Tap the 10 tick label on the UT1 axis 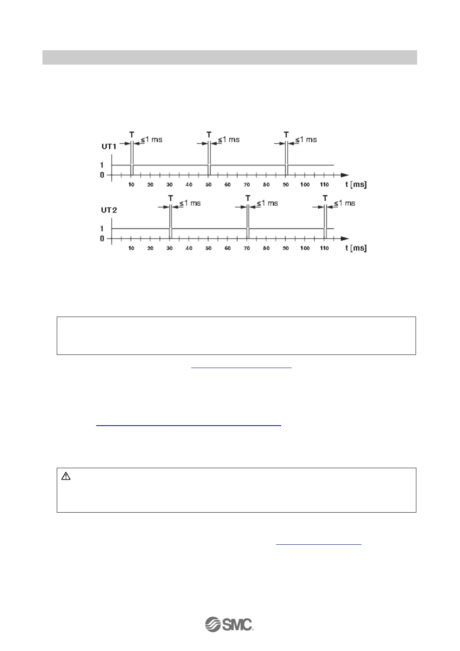pos(131,185)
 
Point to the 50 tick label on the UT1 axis pos(209,185)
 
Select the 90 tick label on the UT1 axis pos(286,185)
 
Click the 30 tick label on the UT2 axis pos(170,248)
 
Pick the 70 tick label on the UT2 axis pos(247,248)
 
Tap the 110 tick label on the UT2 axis pos(324,248)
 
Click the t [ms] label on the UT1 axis pos(356,184)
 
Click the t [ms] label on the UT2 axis pos(356,248)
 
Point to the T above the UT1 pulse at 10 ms pos(132,135)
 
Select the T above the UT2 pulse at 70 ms pos(248,198)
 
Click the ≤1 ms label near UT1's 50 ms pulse pos(229,140)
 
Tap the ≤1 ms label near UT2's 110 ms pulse pos(345,203)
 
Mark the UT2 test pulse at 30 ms pos(170,233)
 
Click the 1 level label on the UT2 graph pos(102,229)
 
